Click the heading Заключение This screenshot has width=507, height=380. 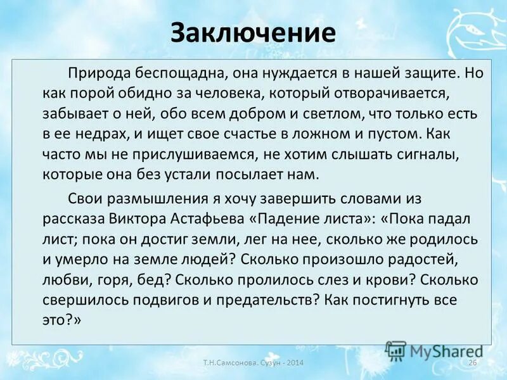click(253, 33)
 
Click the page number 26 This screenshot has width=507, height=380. click(472, 362)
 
